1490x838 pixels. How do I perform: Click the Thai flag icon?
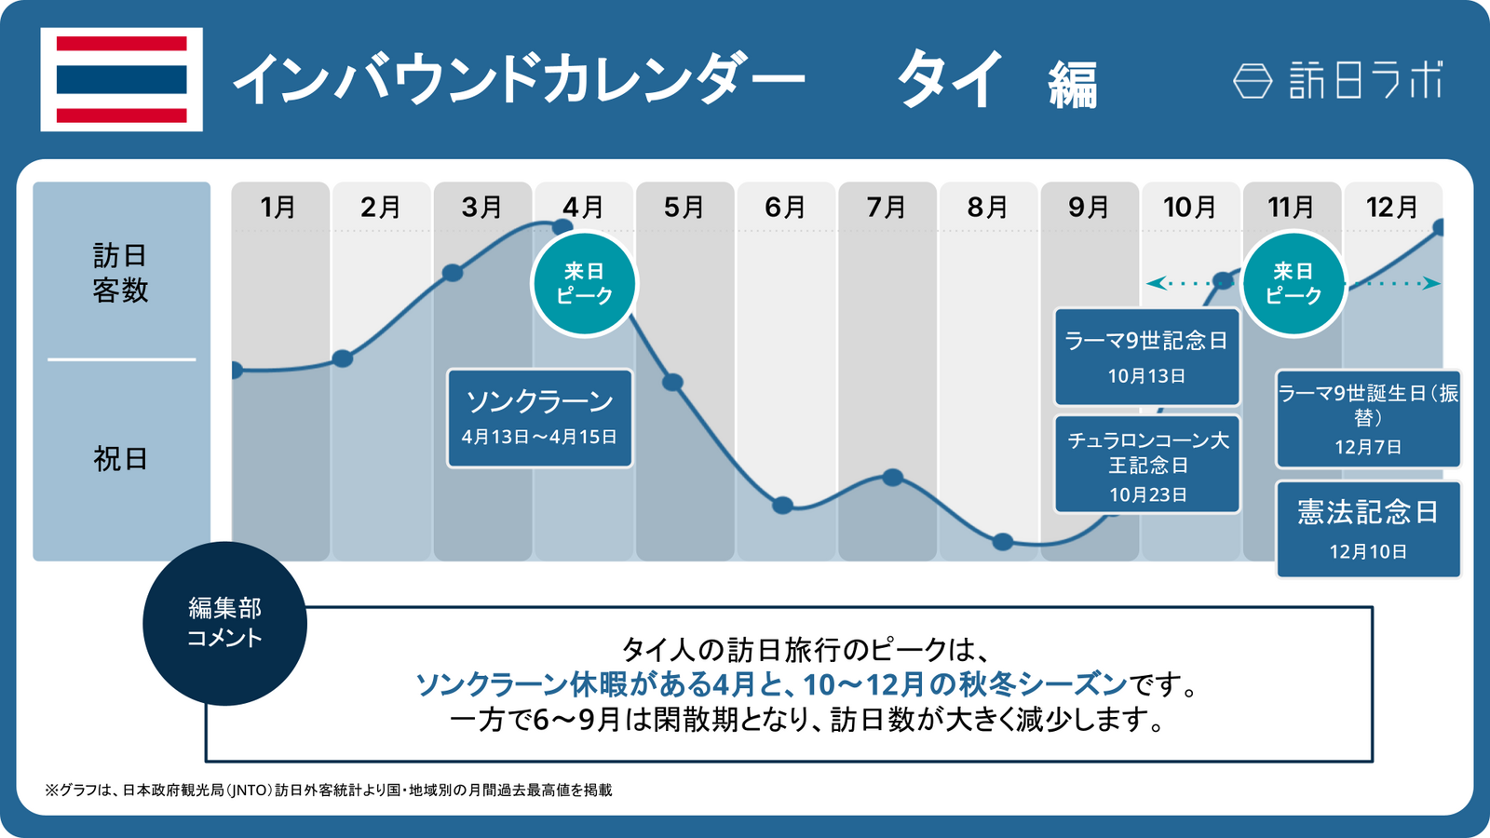[122, 79]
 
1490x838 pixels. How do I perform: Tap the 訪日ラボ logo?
[1339, 80]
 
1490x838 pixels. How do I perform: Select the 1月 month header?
[278, 207]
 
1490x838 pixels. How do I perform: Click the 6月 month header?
[785, 207]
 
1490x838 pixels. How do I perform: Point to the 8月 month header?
[988, 207]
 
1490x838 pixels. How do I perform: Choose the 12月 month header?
[1392, 207]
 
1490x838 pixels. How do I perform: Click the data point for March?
[453, 273]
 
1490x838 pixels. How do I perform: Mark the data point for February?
[343, 358]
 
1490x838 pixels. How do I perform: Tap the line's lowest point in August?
[1003, 542]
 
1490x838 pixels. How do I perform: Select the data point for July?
[893, 478]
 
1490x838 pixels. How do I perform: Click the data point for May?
[672, 382]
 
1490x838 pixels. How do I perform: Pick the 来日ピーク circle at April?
[584, 284]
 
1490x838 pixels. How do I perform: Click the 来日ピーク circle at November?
[1294, 284]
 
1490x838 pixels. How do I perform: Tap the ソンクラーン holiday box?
[540, 418]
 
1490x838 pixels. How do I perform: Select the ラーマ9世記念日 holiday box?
[1146, 358]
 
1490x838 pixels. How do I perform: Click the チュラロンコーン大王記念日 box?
[1146, 465]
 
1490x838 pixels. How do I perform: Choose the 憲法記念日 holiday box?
[1367, 530]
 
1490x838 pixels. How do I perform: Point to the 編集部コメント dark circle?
[224, 623]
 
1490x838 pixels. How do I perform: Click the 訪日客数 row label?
[120, 273]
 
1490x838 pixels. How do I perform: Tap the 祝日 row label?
[120, 459]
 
